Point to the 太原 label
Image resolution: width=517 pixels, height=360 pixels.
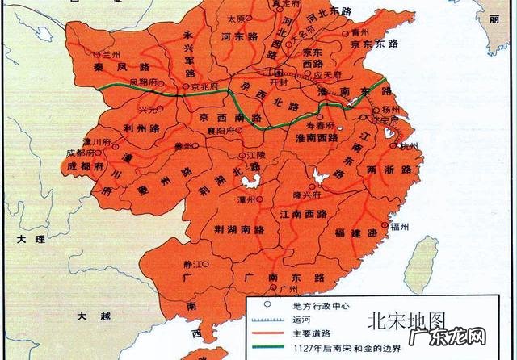point(235,18)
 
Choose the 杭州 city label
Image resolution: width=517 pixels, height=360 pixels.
point(410,146)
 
